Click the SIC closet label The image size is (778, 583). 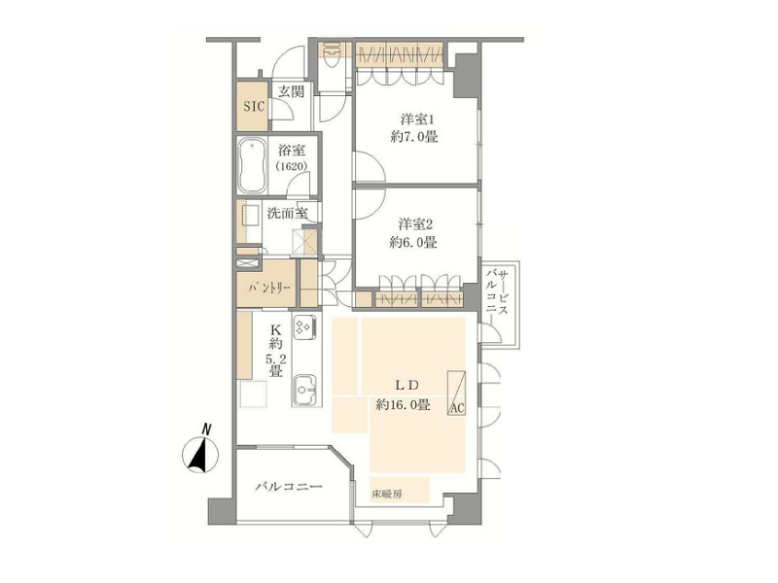[x=254, y=107]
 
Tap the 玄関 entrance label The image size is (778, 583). [x=290, y=91]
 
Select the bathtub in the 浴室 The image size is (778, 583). [x=253, y=166]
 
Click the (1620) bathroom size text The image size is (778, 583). [x=293, y=165]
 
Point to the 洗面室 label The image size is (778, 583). [x=287, y=213]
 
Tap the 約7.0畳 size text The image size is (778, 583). [x=414, y=137]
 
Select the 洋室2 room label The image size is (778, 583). [x=415, y=224]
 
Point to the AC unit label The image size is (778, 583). [x=456, y=408]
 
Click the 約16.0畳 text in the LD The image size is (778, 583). [x=403, y=405]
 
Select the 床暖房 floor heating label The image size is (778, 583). [x=386, y=495]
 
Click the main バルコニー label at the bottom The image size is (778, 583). [x=289, y=487]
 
